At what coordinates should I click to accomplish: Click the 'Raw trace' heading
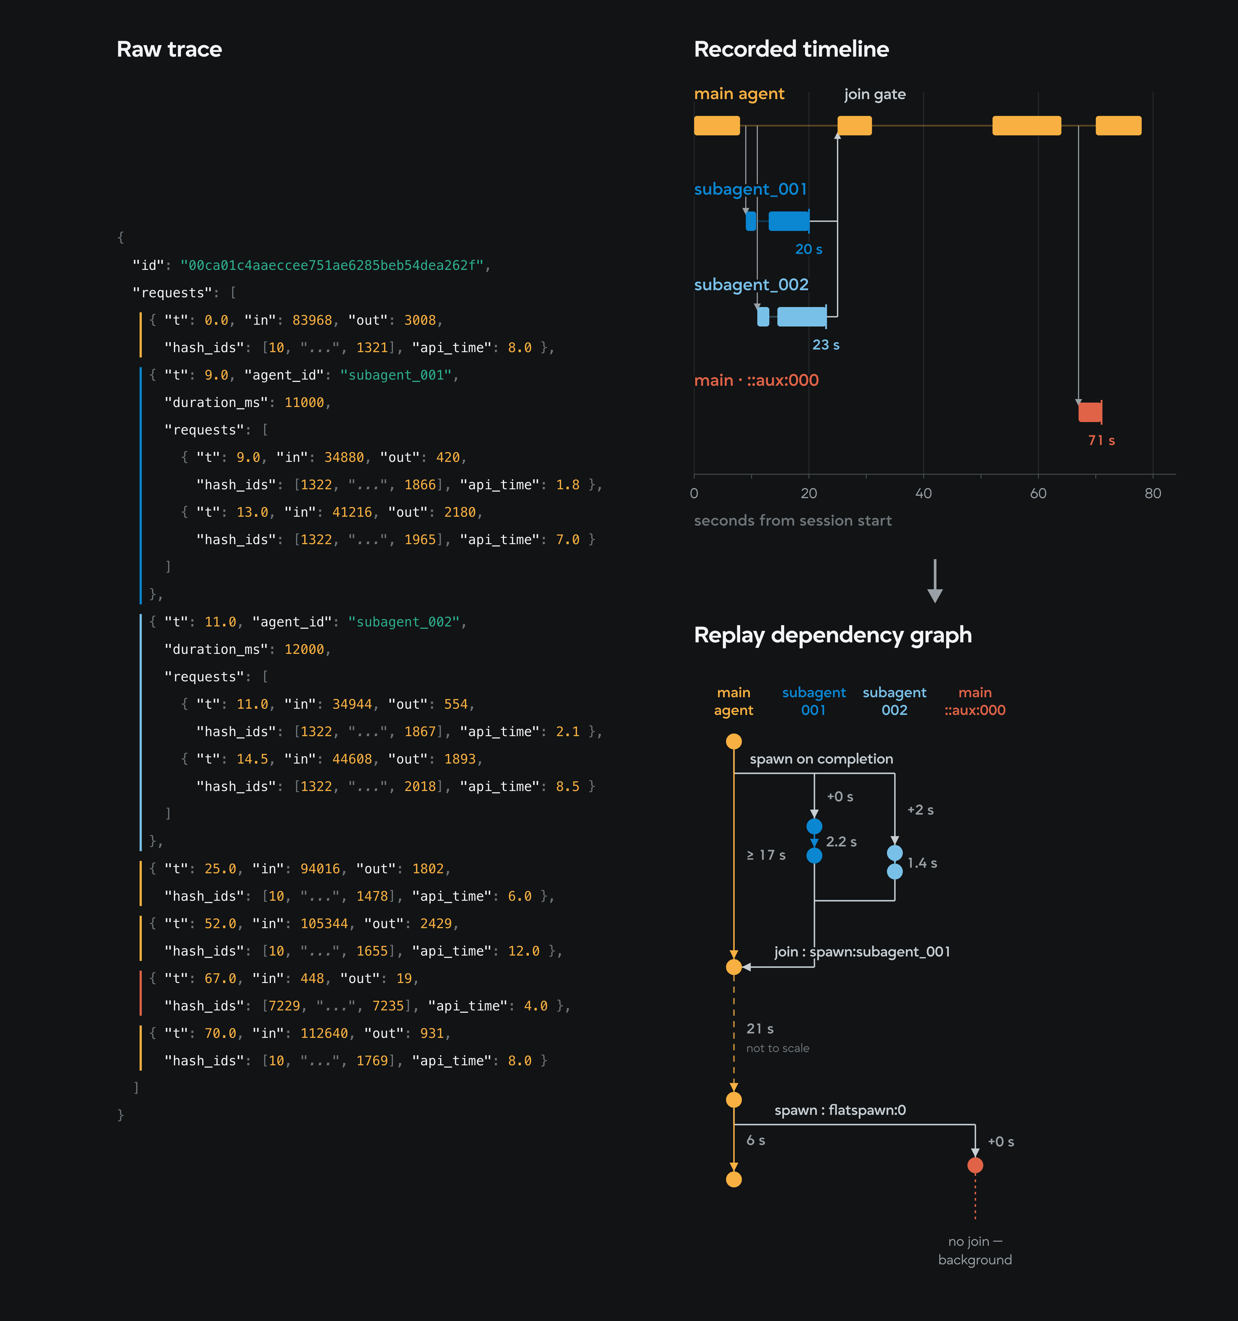pyautogui.click(x=169, y=49)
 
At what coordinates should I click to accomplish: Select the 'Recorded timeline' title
pyautogui.click(x=791, y=49)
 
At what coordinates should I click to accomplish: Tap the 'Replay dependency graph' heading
pyautogui.click(x=833, y=635)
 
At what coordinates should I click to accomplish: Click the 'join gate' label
pyautogui.click(x=875, y=94)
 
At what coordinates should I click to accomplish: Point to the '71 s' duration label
pyautogui.click(x=1101, y=441)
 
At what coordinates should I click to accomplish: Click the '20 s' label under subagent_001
pyautogui.click(x=809, y=249)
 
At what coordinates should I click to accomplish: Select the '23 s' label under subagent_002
pyautogui.click(x=826, y=345)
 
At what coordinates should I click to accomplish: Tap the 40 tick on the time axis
pyautogui.click(x=923, y=493)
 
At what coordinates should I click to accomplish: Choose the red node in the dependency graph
pyautogui.click(x=975, y=1165)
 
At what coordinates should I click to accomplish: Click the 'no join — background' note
pyautogui.click(x=975, y=1251)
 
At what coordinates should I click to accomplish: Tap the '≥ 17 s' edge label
pyautogui.click(x=766, y=855)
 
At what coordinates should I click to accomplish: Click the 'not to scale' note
pyautogui.click(x=778, y=1048)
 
